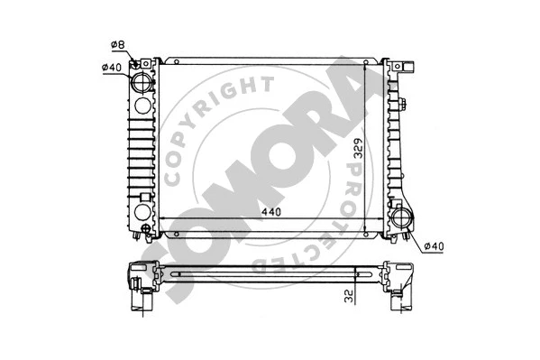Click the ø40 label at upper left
pyautogui.click(x=111, y=66)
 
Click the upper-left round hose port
pyautogui.click(x=142, y=83)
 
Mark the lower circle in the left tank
pyautogui.click(x=142, y=215)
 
